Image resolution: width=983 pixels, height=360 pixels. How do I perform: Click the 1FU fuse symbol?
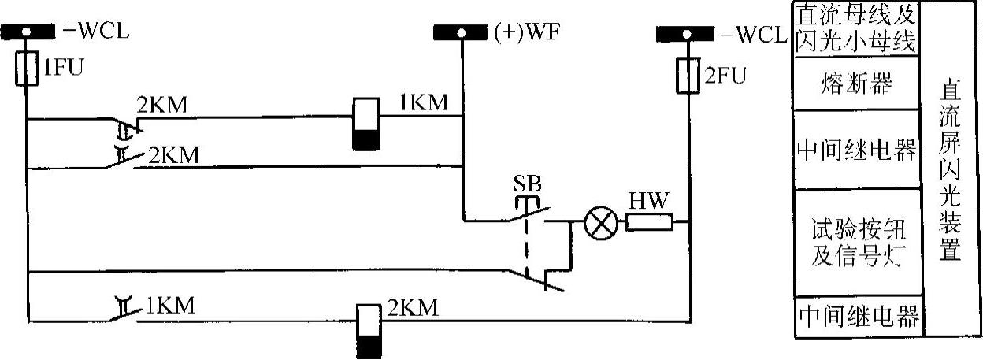coord(26,69)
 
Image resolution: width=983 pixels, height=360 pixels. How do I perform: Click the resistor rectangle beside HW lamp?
coord(649,224)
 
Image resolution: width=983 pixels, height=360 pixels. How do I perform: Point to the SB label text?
coord(526,183)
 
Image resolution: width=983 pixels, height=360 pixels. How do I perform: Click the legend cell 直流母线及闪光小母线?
coord(856,28)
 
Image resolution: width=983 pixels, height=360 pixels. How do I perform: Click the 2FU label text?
coord(725,76)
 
